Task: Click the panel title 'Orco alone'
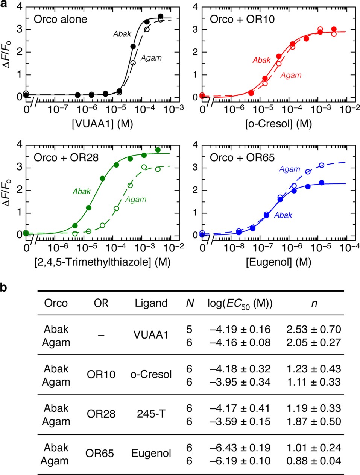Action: (60, 19)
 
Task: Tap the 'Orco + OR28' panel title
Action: (66, 157)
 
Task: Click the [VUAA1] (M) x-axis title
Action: (102, 123)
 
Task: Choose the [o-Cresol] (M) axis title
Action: (278, 123)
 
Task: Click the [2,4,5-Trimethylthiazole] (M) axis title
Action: (102, 262)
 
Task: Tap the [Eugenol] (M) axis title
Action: (278, 262)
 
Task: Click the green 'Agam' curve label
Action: (135, 200)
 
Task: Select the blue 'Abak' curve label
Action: (283, 215)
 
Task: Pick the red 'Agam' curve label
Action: (291, 75)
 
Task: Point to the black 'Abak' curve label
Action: (122, 34)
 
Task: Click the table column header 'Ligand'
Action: (151, 303)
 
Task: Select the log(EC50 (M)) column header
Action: (240, 303)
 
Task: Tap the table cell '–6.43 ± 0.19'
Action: (240, 448)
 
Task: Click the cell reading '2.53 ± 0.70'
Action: (313, 329)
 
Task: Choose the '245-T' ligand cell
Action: (151, 414)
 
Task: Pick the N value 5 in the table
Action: (189, 329)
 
